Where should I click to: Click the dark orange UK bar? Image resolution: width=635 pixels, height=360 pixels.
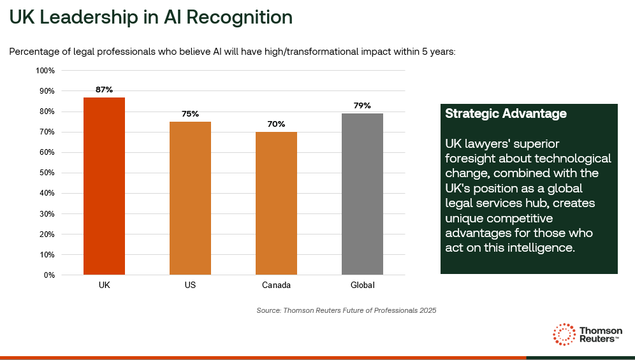pyautogui.click(x=104, y=186)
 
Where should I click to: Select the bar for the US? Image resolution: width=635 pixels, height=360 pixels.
pyautogui.click(x=190, y=198)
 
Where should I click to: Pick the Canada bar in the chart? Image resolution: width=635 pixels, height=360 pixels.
pyautogui.click(x=276, y=203)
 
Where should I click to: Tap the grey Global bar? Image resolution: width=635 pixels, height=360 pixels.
pyautogui.click(x=362, y=194)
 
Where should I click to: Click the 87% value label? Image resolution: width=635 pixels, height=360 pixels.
pyautogui.click(x=104, y=90)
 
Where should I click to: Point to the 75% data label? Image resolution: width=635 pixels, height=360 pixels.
pyautogui.click(x=190, y=114)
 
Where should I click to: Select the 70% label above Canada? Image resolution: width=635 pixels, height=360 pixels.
pyautogui.click(x=276, y=124)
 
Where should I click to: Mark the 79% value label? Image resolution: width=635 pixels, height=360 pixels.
pyautogui.click(x=362, y=106)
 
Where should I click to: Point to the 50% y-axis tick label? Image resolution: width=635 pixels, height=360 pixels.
pyautogui.click(x=47, y=173)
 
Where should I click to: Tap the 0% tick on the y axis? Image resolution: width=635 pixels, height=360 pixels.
pyautogui.click(x=49, y=275)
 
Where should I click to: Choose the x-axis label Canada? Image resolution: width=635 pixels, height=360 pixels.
pyautogui.click(x=276, y=285)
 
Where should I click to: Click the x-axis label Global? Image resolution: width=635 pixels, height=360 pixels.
pyautogui.click(x=362, y=285)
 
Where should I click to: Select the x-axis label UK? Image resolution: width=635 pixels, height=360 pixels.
pyautogui.click(x=104, y=285)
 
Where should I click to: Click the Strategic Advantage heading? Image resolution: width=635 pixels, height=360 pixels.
pyautogui.click(x=506, y=114)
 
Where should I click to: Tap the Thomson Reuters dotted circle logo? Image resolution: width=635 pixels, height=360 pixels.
pyautogui.click(x=564, y=334)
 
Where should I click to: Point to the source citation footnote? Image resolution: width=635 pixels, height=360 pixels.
pyautogui.click(x=346, y=310)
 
